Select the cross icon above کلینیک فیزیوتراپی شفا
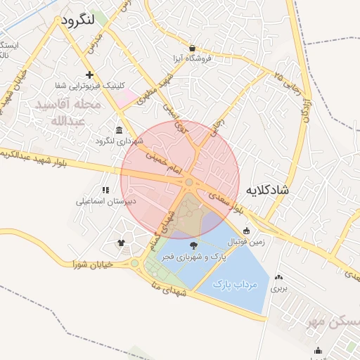(89, 75)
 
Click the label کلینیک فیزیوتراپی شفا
(89, 86)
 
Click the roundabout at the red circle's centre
(189, 183)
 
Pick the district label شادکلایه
(278, 191)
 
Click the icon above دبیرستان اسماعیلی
(105, 190)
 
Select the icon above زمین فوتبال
(246, 231)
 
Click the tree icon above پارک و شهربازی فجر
(194, 245)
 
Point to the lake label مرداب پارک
(236, 285)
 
